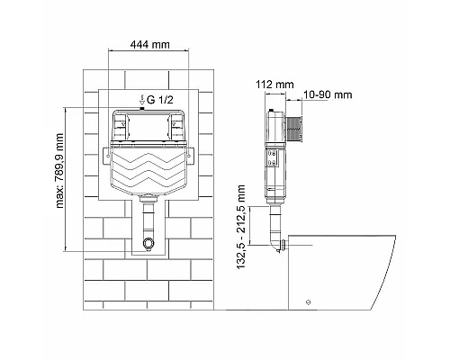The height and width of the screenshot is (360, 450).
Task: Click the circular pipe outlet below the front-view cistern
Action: [x=148, y=245]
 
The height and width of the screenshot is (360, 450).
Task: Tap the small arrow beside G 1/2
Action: [x=139, y=97]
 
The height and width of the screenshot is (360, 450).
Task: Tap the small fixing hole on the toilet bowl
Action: [x=310, y=302]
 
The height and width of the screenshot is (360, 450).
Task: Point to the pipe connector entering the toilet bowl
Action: [x=283, y=246]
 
